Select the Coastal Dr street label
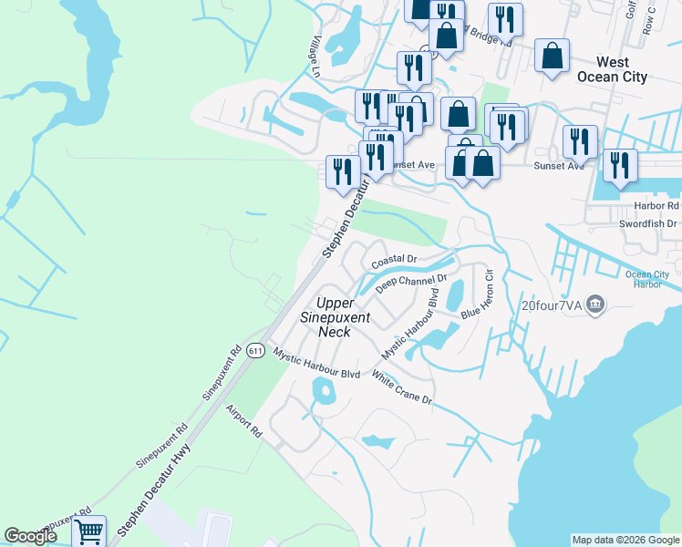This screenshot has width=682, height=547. [393, 260]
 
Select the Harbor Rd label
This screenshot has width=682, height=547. [656, 205]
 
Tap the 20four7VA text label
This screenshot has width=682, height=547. [551, 304]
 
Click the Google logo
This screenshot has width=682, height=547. [30, 536]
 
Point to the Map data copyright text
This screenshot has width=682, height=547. [625, 540]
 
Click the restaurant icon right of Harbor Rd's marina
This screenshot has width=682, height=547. [620, 165]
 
